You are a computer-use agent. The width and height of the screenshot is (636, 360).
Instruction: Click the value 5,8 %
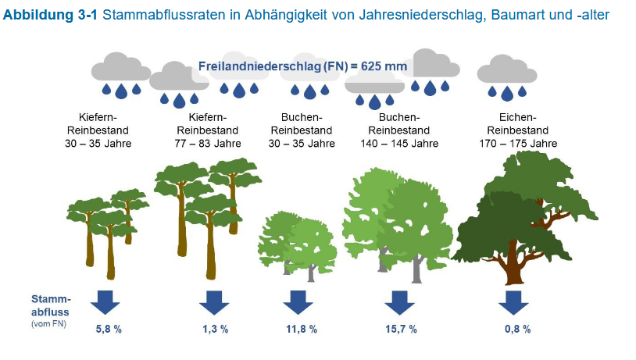(x=109, y=329)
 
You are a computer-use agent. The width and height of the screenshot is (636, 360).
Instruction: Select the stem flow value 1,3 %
(x=216, y=329)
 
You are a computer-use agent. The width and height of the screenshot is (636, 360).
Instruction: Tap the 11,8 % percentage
(x=302, y=329)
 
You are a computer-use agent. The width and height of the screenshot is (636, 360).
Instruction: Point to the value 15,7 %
(x=401, y=329)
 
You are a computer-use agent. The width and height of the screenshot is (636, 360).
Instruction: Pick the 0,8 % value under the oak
(x=517, y=329)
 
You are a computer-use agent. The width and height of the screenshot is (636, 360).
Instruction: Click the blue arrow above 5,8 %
(x=105, y=302)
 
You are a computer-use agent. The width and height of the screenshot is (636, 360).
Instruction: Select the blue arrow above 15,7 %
(x=399, y=302)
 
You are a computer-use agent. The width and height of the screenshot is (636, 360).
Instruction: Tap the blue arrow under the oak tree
(x=513, y=302)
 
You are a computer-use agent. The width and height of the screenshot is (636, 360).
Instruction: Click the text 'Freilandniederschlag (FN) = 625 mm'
(x=302, y=66)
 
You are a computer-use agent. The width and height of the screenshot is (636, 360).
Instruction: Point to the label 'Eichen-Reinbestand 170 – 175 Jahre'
(x=518, y=130)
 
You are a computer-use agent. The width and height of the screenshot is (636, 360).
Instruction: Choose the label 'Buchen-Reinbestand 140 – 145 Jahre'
(x=399, y=130)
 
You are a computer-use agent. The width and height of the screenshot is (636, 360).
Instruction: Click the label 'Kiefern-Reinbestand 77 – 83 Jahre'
(x=208, y=130)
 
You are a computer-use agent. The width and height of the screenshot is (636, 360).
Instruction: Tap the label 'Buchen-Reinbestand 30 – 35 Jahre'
(x=302, y=130)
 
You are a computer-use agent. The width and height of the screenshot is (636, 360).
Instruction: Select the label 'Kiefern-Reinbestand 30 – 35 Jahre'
(x=98, y=130)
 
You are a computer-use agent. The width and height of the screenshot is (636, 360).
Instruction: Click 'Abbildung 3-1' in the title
(x=50, y=15)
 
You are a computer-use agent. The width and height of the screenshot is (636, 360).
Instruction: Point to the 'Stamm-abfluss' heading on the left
(x=51, y=305)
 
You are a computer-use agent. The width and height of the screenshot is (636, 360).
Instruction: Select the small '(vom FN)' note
(x=48, y=324)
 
